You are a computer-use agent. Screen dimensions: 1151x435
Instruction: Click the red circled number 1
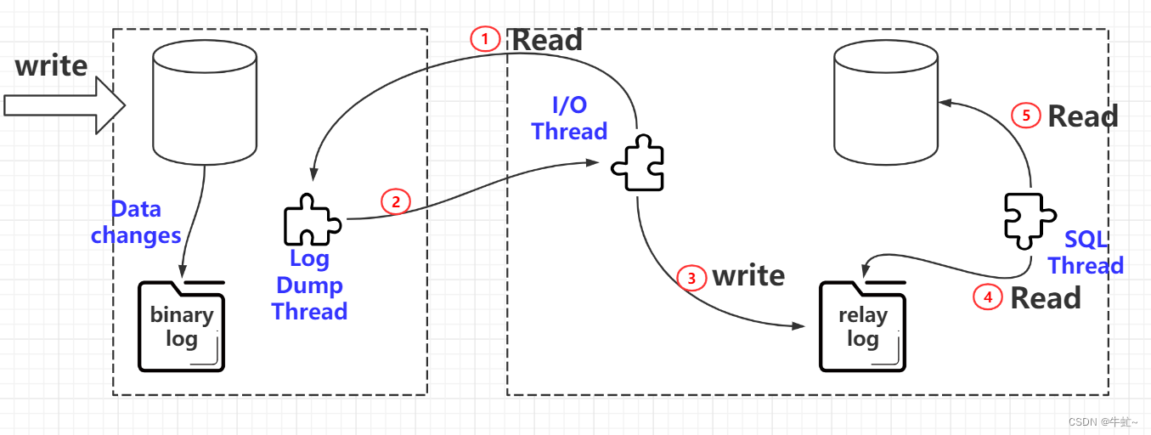[485, 39]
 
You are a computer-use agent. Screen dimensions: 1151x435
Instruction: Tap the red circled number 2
[395, 201]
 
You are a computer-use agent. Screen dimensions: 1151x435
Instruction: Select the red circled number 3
[692, 277]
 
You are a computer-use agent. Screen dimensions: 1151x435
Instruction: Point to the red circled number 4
[987, 297]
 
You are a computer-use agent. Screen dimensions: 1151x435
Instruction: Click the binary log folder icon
[182, 327]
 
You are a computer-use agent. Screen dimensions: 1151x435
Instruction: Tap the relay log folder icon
[862, 327]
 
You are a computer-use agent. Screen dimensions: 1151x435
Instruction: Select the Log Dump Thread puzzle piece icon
[310, 220]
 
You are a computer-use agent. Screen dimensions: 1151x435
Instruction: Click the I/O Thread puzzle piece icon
[637, 165]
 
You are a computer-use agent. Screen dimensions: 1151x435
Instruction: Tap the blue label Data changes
[136, 222]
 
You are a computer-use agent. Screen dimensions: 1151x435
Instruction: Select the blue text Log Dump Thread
[309, 285]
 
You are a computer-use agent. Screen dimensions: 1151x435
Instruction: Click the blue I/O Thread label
[569, 118]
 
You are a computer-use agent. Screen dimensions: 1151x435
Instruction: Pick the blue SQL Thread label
[1086, 253]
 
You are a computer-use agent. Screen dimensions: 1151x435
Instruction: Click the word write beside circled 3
[748, 275]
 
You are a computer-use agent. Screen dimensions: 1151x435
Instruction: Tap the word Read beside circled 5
[1082, 116]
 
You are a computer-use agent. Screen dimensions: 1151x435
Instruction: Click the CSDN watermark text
[1103, 422]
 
